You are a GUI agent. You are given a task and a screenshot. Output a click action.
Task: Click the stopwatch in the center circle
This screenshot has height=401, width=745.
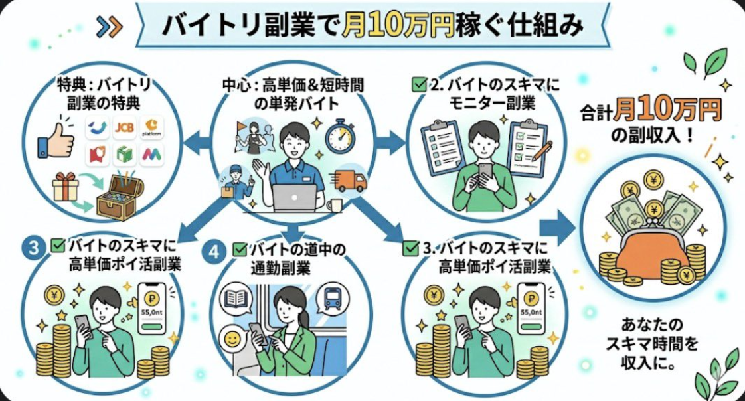point(340,135)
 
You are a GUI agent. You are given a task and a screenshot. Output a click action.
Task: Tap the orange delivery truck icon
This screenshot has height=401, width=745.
point(351,180)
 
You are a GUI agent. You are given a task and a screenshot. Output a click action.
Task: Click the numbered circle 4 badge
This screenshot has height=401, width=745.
point(213,252)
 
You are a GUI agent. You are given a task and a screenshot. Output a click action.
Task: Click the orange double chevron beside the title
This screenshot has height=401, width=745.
point(109,26)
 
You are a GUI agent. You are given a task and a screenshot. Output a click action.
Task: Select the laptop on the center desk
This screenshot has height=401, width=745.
point(293,197)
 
